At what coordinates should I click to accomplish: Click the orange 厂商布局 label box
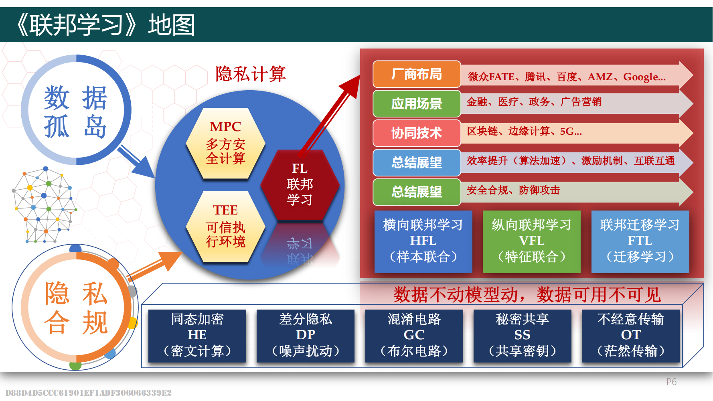coord(417,74)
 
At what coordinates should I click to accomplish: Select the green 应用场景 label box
coord(417,103)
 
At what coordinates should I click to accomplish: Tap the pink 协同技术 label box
coord(417,133)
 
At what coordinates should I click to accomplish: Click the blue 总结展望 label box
coord(417,162)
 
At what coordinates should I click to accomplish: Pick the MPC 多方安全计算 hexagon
coord(225,143)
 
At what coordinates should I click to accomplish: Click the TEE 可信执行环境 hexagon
coord(225,227)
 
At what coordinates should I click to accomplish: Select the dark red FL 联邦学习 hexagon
coord(300,184)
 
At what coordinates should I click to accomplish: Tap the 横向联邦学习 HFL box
coord(423,241)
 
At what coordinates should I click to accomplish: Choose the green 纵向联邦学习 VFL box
coord(531,241)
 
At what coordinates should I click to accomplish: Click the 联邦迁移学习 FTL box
coord(640,241)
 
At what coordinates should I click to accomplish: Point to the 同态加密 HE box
coord(197,336)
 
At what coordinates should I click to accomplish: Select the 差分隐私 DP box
coord(306,336)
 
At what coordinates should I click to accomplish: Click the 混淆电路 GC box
coord(414,336)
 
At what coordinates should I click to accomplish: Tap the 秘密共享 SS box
coord(522,336)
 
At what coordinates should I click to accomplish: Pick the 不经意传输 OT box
coord(631,336)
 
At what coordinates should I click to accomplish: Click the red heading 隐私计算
coord(251,74)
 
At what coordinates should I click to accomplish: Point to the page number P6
coord(671,382)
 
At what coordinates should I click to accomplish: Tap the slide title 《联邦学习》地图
coord(105,25)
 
